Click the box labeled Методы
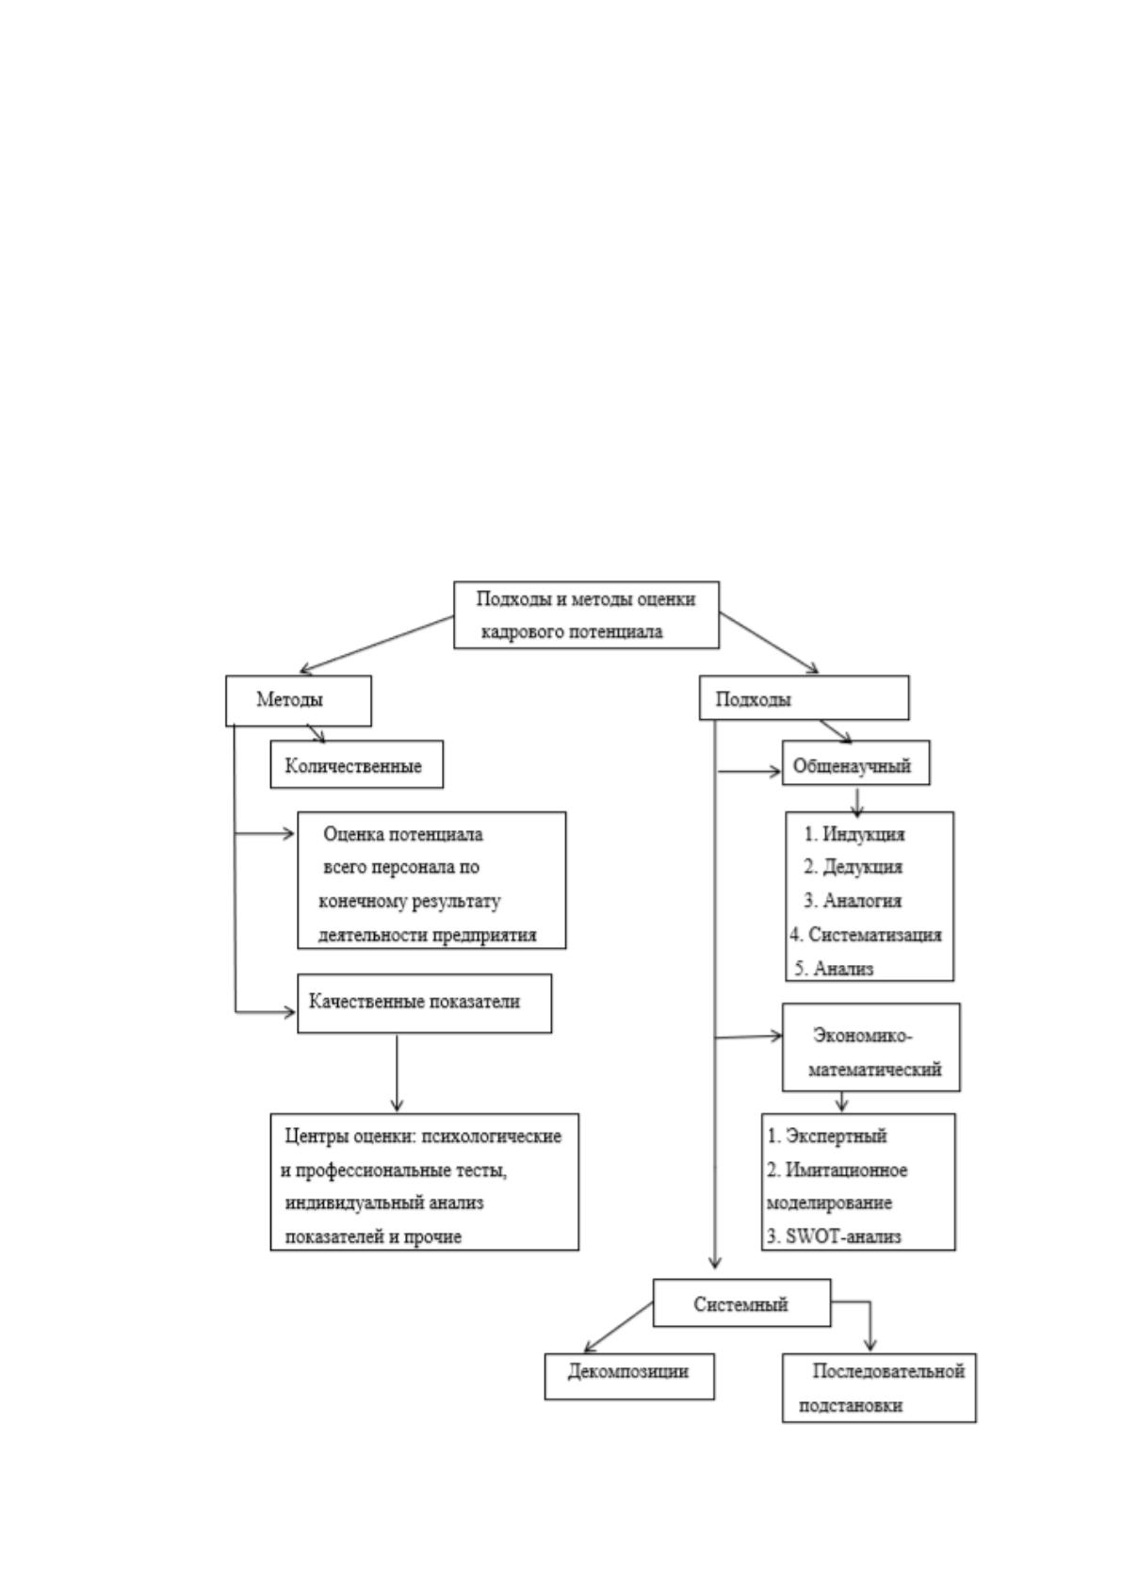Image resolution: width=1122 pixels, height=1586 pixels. point(298,700)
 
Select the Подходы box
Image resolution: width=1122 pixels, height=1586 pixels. point(804,697)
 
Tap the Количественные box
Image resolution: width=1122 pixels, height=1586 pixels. point(356,764)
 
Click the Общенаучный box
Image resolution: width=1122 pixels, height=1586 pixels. point(855,762)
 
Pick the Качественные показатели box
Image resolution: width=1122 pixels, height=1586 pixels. point(424,1004)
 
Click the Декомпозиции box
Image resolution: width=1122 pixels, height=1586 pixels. point(628,1377)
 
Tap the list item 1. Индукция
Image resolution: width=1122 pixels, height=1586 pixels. point(854,834)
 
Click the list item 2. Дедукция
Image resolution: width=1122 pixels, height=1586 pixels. point(853,867)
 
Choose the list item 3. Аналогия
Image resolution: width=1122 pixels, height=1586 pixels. point(853,901)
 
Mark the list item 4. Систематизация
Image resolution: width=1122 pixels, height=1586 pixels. point(866,935)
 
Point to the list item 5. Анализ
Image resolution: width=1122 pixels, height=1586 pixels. point(833,968)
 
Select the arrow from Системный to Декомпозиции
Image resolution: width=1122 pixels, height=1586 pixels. point(618,1327)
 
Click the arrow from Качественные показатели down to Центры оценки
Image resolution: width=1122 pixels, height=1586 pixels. point(397,1072)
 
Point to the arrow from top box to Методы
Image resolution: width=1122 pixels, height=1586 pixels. point(377,644)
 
